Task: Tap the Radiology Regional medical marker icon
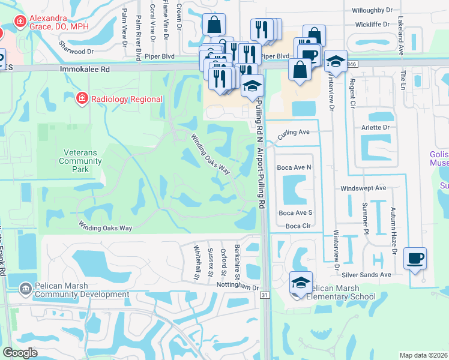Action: click(x=82, y=98)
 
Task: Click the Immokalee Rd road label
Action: click(x=85, y=70)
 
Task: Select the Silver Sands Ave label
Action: click(x=367, y=274)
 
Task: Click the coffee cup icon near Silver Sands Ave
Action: click(x=415, y=258)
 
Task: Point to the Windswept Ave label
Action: click(x=363, y=188)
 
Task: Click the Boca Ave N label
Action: click(x=294, y=167)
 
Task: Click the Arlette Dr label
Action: click(x=375, y=128)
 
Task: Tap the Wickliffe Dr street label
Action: click(x=372, y=26)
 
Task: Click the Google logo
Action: click(x=20, y=353)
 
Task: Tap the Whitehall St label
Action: click(x=196, y=262)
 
